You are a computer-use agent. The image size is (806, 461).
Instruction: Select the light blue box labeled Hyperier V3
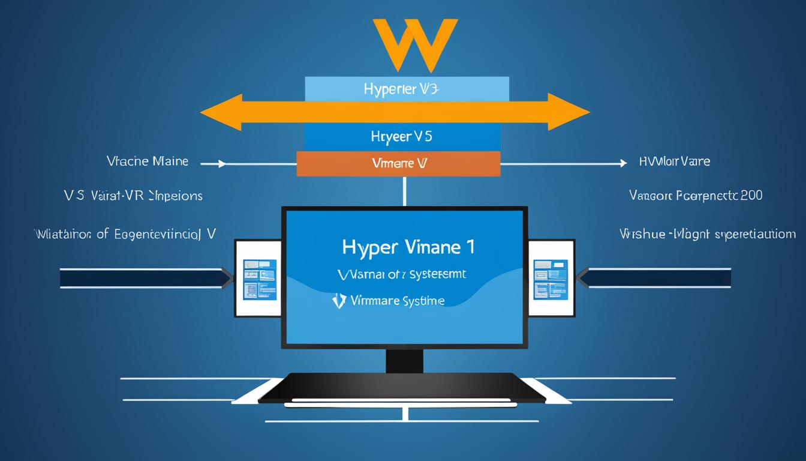tap(407, 89)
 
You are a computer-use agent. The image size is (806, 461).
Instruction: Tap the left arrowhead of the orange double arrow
tap(219, 112)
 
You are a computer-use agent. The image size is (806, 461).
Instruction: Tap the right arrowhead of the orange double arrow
tap(570, 112)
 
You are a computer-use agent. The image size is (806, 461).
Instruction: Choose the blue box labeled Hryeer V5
tap(402, 137)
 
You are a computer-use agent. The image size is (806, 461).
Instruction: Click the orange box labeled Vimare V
tap(399, 163)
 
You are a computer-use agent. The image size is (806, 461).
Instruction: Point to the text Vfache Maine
tap(147, 161)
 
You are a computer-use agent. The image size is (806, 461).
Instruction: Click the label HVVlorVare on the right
tap(675, 161)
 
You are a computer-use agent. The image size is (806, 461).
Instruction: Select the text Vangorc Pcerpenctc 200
tap(696, 195)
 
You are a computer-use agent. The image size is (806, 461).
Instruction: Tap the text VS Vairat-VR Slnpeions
tap(133, 196)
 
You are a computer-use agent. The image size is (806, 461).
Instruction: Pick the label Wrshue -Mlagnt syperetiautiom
tap(708, 234)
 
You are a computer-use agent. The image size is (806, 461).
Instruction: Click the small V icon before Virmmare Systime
tap(339, 301)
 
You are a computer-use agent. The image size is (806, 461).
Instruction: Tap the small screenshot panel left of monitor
tap(259, 279)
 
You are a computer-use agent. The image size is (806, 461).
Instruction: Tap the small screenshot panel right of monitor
tap(551, 279)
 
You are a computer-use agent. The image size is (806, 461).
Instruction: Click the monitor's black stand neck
tap(404, 360)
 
